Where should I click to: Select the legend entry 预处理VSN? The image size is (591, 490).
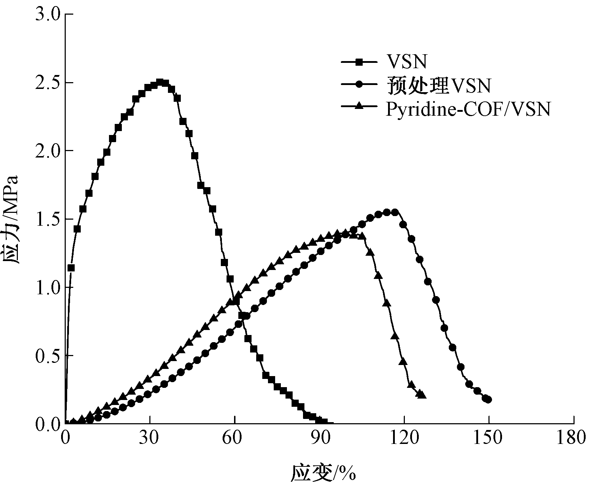coord(439,86)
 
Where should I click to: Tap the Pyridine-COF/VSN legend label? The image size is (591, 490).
coord(468,109)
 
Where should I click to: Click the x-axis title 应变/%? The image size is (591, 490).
coord(324,473)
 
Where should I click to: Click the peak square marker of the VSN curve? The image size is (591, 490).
coord(160,82)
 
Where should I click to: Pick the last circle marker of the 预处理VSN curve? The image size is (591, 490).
coord(488,400)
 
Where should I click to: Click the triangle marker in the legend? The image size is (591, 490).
coord(360,106)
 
